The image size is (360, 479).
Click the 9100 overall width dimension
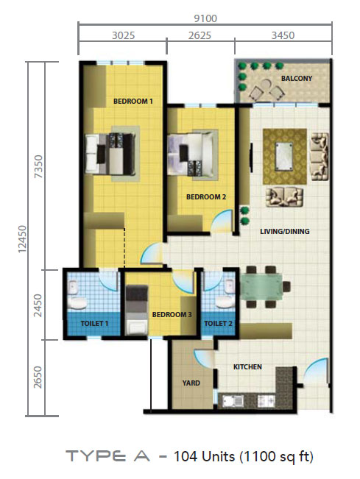click(x=205, y=18)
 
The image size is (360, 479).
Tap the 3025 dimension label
click(x=123, y=35)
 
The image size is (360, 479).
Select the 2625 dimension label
click(x=200, y=35)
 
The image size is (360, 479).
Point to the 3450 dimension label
click(x=283, y=35)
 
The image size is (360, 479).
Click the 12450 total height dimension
click(x=22, y=239)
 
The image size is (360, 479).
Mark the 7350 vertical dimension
click(x=39, y=166)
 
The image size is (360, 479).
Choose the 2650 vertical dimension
click(x=38, y=377)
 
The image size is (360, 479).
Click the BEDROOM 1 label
click(x=133, y=101)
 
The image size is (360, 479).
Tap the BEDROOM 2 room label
click(x=206, y=197)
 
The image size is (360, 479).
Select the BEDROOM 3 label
click(x=172, y=314)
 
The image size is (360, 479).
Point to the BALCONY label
click(x=297, y=79)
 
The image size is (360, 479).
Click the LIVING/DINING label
click(x=284, y=231)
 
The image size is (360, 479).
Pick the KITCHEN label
click(x=247, y=366)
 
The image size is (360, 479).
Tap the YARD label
click(x=191, y=383)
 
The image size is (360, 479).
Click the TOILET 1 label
click(x=94, y=323)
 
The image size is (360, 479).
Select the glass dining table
click(x=262, y=286)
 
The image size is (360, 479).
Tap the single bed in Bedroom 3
click(x=137, y=310)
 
